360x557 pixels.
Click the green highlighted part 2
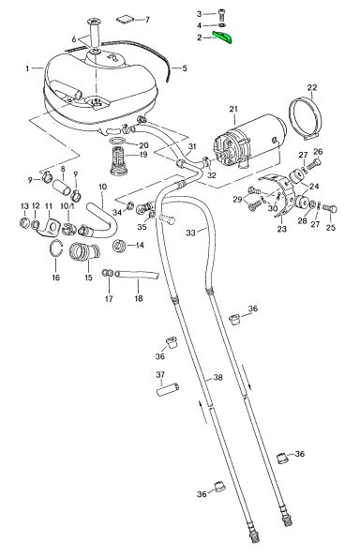[x=222, y=37]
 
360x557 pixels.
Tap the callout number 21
[x=233, y=109]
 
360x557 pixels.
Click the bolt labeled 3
[x=222, y=15]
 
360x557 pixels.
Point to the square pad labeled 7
[x=125, y=20]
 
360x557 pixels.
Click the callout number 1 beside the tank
[x=27, y=68]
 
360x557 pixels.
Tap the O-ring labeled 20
[x=116, y=140]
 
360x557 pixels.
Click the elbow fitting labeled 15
[x=84, y=252]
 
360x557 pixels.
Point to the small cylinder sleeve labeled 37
[x=168, y=388]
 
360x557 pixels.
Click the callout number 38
[x=217, y=377]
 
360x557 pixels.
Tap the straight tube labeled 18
[x=137, y=275]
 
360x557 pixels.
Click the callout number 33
[x=190, y=233]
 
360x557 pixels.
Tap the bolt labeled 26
[x=314, y=165]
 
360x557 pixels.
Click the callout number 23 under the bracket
[x=281, y=229]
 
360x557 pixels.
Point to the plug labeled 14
[x=120, y=246]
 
